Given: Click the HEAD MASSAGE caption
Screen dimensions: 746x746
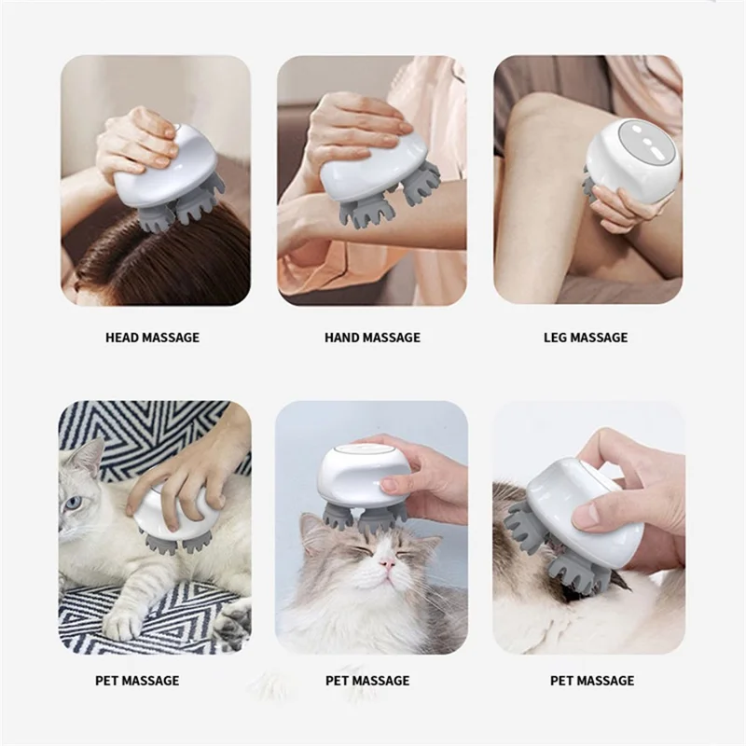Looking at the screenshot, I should point(152,338).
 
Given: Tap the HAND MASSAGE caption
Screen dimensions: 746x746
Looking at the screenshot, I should point(372,338).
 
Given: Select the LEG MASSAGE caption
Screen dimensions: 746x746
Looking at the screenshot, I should point(586,338).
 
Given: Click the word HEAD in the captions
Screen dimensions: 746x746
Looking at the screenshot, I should point(123,338).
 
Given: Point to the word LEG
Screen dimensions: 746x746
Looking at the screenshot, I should point(556,338).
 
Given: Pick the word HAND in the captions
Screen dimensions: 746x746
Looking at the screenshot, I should point(342,338).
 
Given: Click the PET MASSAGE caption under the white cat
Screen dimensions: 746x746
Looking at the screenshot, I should point(137,681).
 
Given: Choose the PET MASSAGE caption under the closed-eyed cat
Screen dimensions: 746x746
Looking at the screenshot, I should point(367,681).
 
